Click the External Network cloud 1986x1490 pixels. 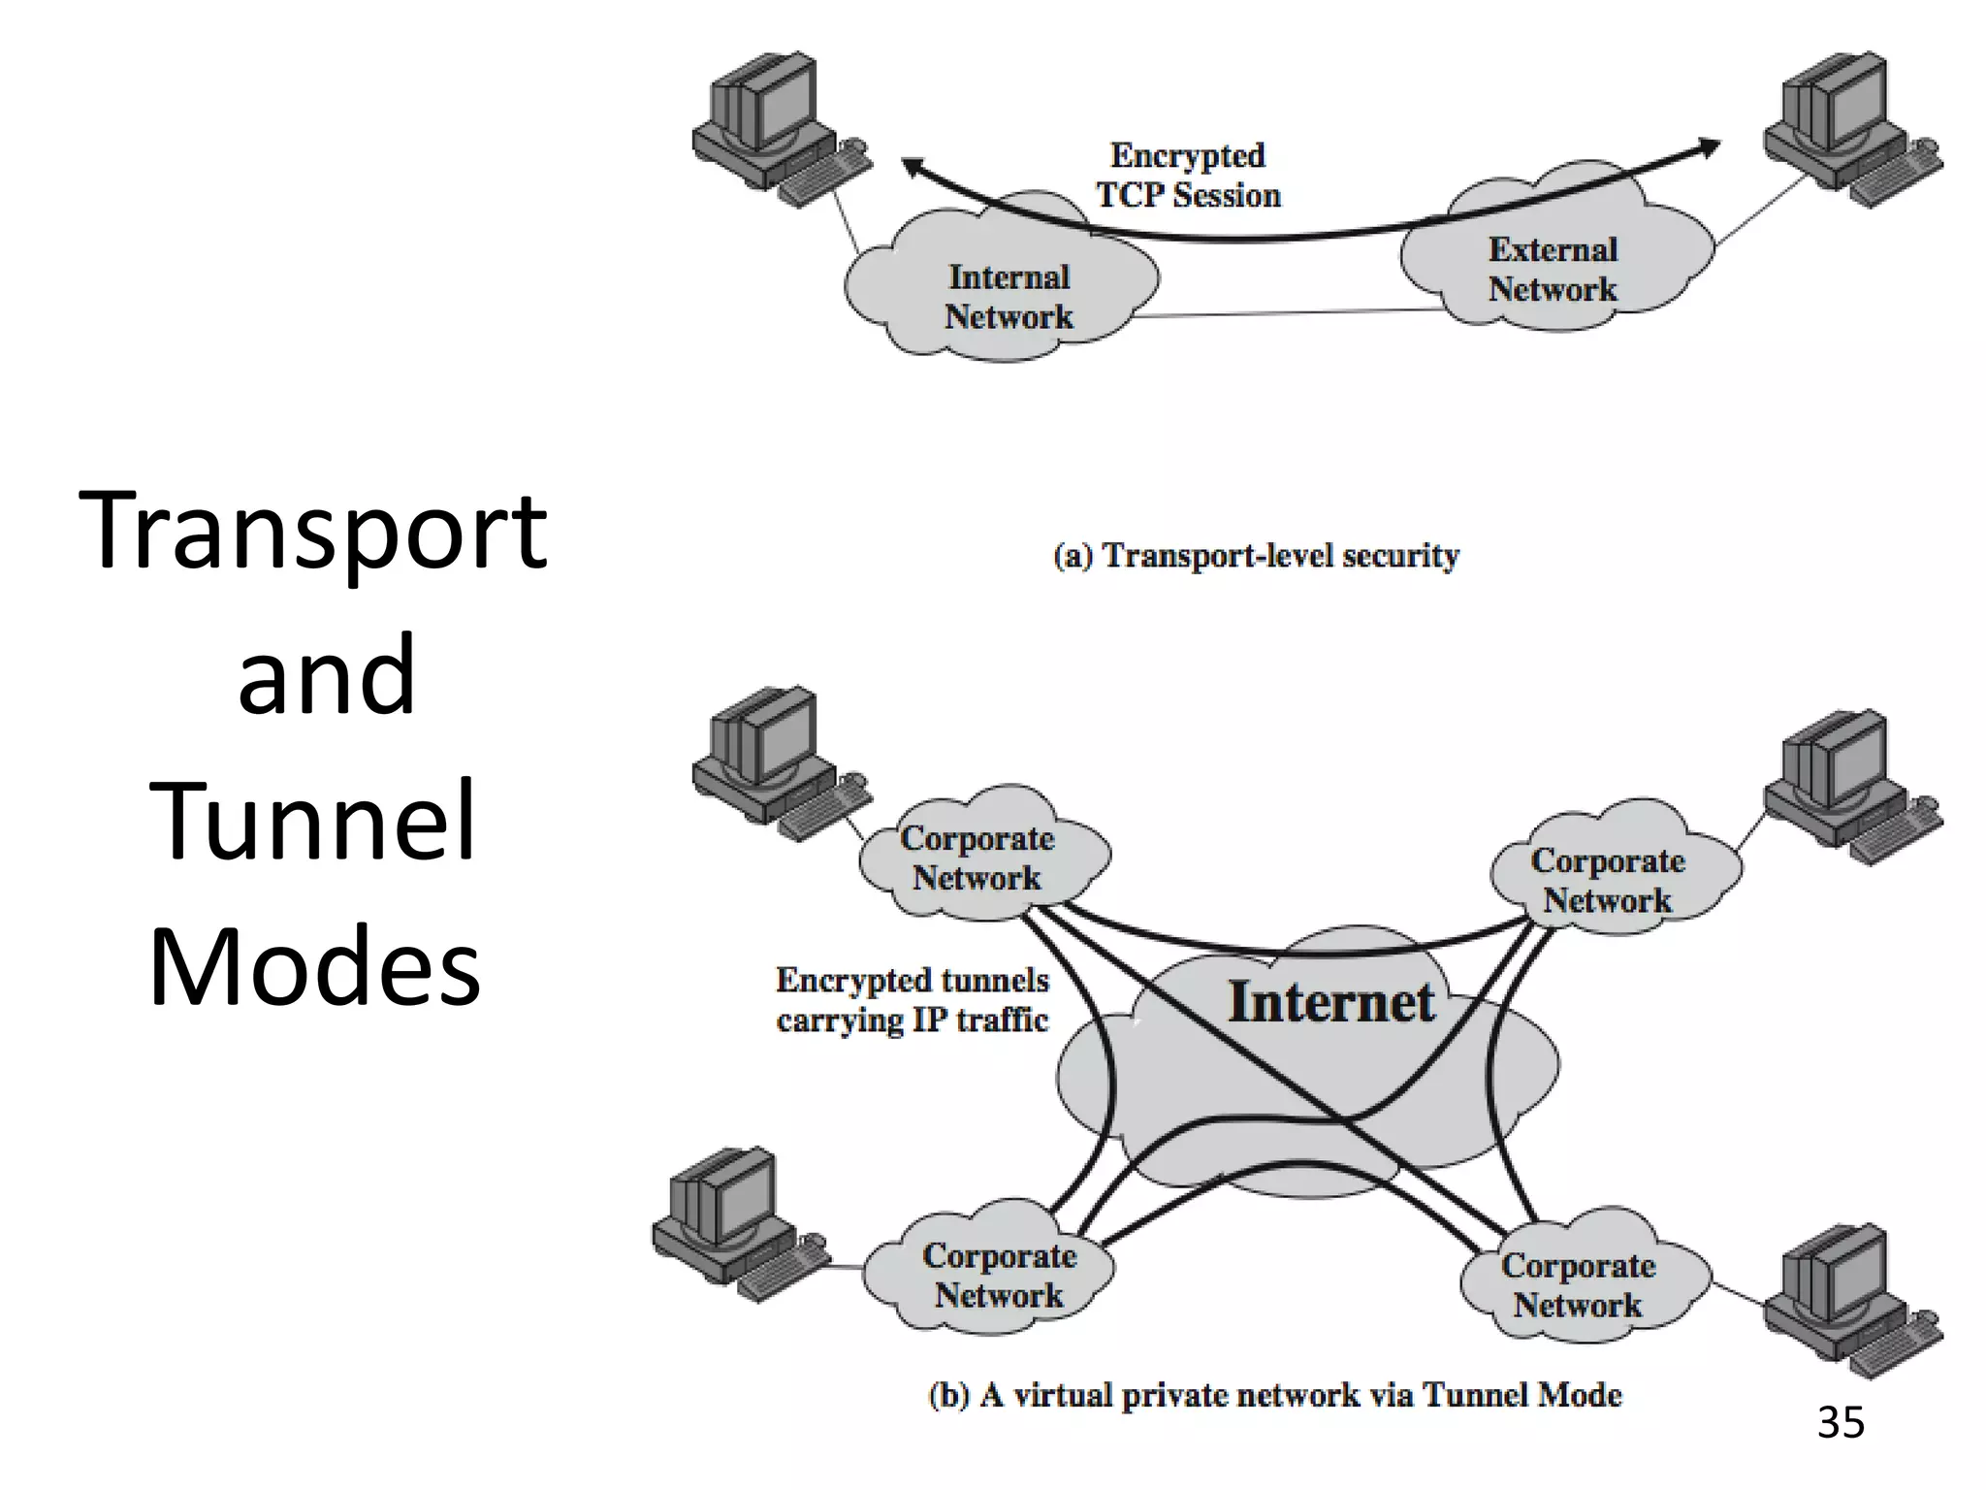[x=1553, y=270]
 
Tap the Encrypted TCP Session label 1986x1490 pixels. [x=1188, y=176]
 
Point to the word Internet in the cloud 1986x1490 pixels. [x=1330, y=1002]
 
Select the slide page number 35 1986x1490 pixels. [x=1840, y=1423]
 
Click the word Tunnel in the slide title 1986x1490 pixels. [x=312, y=822]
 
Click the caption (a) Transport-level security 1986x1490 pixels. [x=1256, y=556]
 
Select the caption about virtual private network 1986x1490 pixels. [x=1274, y=1395]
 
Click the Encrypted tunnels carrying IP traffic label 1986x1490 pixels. [x=912, y=1000]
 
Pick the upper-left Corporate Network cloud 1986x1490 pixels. [x=977, y=858]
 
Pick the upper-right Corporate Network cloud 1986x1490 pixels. [x=1608, y=880]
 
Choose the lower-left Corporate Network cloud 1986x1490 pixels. [x=999, y=1275]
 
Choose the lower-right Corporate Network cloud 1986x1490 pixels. [x=1578, y=1284]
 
